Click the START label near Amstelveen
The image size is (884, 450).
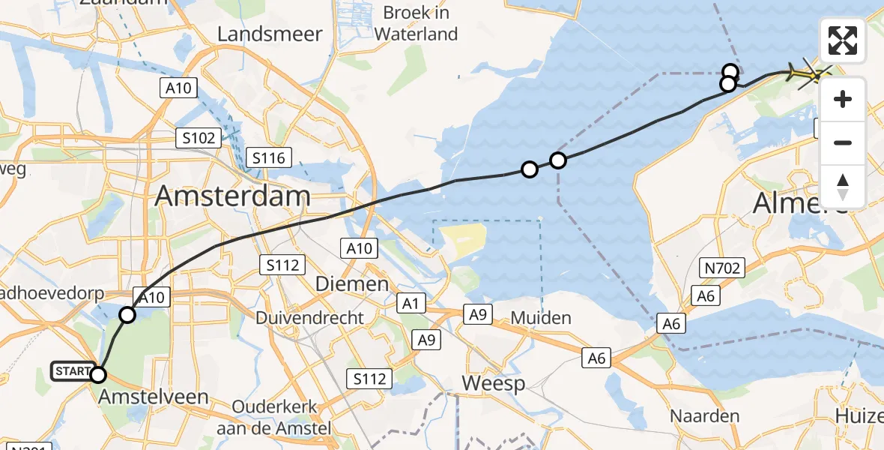click(70, 370)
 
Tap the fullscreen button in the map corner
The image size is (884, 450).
click(843, 40)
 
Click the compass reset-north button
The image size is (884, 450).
click(843, 187)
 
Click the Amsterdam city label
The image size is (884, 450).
click(232, 196)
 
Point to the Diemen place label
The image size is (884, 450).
click(351, 284)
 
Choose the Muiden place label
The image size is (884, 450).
click(541, 318)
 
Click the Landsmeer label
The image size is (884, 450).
click(270, 34)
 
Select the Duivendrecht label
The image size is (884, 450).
click(309, 318)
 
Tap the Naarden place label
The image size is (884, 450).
click(694, 415)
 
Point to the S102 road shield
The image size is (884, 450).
click(199, 138)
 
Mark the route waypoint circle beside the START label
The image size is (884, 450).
click(98, 374)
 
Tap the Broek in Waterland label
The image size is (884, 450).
click(416, 23)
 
